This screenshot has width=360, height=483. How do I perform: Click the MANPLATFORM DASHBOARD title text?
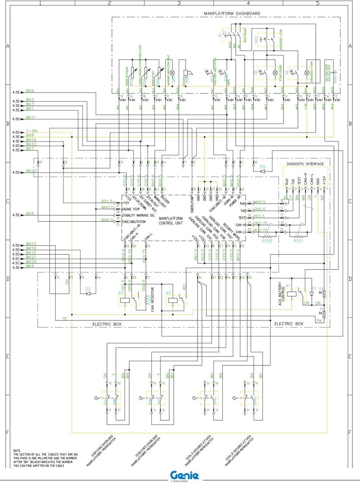232,14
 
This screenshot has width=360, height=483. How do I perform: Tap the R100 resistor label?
267,240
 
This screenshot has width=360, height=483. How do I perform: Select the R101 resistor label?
298,240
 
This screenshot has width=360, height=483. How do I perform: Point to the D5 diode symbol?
263,171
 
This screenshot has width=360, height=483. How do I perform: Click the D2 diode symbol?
88,293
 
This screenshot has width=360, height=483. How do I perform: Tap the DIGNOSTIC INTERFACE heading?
305,164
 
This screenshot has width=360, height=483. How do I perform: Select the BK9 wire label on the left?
30,91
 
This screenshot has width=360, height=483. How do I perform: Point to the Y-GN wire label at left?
31,131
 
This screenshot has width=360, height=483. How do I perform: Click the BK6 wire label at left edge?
30,214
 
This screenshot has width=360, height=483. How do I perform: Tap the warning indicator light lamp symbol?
173,73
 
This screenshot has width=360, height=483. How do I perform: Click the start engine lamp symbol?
275,73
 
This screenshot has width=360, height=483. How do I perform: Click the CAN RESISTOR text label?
153,301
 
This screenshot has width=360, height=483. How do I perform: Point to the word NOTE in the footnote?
17,450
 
